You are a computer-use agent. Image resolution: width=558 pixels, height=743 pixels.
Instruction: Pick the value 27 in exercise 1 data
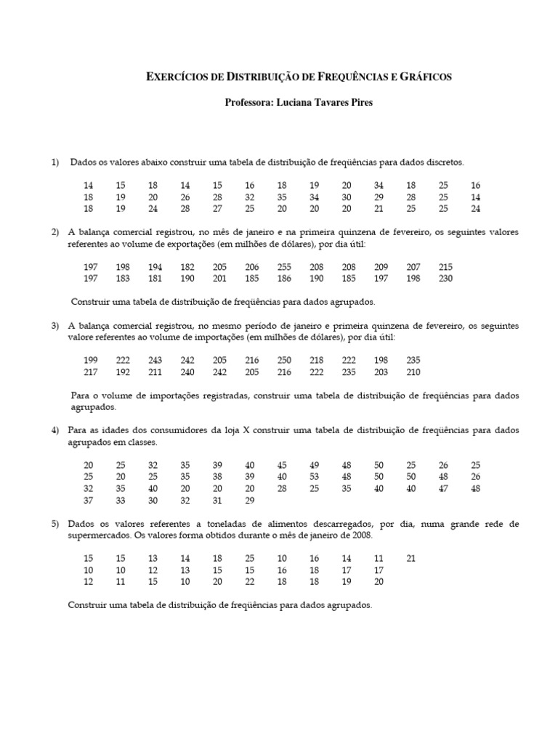pos(217,209)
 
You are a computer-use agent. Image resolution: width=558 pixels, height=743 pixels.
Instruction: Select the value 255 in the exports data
pos(283,268)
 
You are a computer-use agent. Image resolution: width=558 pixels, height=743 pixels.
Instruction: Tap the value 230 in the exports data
pos(445,279)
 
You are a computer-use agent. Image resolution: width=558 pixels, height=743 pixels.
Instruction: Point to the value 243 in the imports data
pos(155,361)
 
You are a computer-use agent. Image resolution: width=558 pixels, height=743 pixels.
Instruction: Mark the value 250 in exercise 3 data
pos(284,361)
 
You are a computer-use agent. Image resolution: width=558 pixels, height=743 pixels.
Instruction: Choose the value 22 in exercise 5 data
pos(250,581)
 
